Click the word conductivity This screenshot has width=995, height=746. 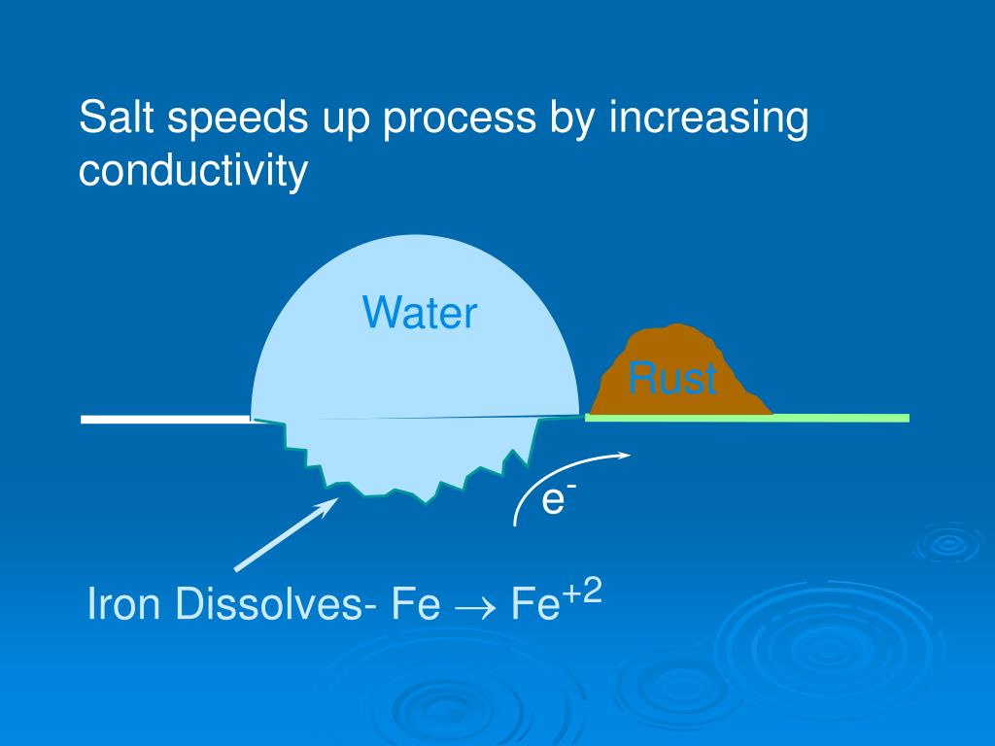point(192,171)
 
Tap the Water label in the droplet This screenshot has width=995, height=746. point(420,314)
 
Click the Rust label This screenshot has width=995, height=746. point(672,378)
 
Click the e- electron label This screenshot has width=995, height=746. point(554,500)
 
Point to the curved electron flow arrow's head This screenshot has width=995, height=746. point(626,454)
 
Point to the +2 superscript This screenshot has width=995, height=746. point(583,592)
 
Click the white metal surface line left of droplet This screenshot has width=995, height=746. point(165,420)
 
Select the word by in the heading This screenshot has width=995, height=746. point(571,120)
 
